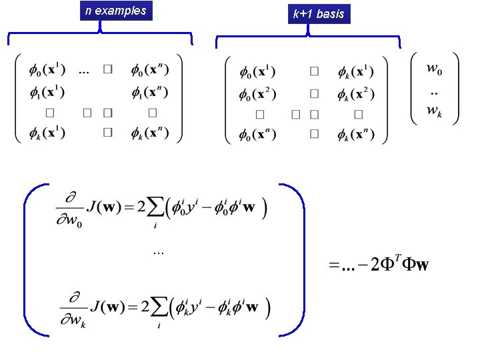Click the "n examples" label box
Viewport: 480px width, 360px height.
click(x=115, y=11)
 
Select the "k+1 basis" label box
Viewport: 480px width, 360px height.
click(x=319, y=13)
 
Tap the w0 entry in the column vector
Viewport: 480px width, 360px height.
click(x=435, y=69)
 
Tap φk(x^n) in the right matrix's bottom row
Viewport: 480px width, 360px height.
click(x=355, y=137)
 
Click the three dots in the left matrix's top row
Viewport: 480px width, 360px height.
click(x=85, y=70)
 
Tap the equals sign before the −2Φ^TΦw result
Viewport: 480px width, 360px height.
click(x=333, y=266)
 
